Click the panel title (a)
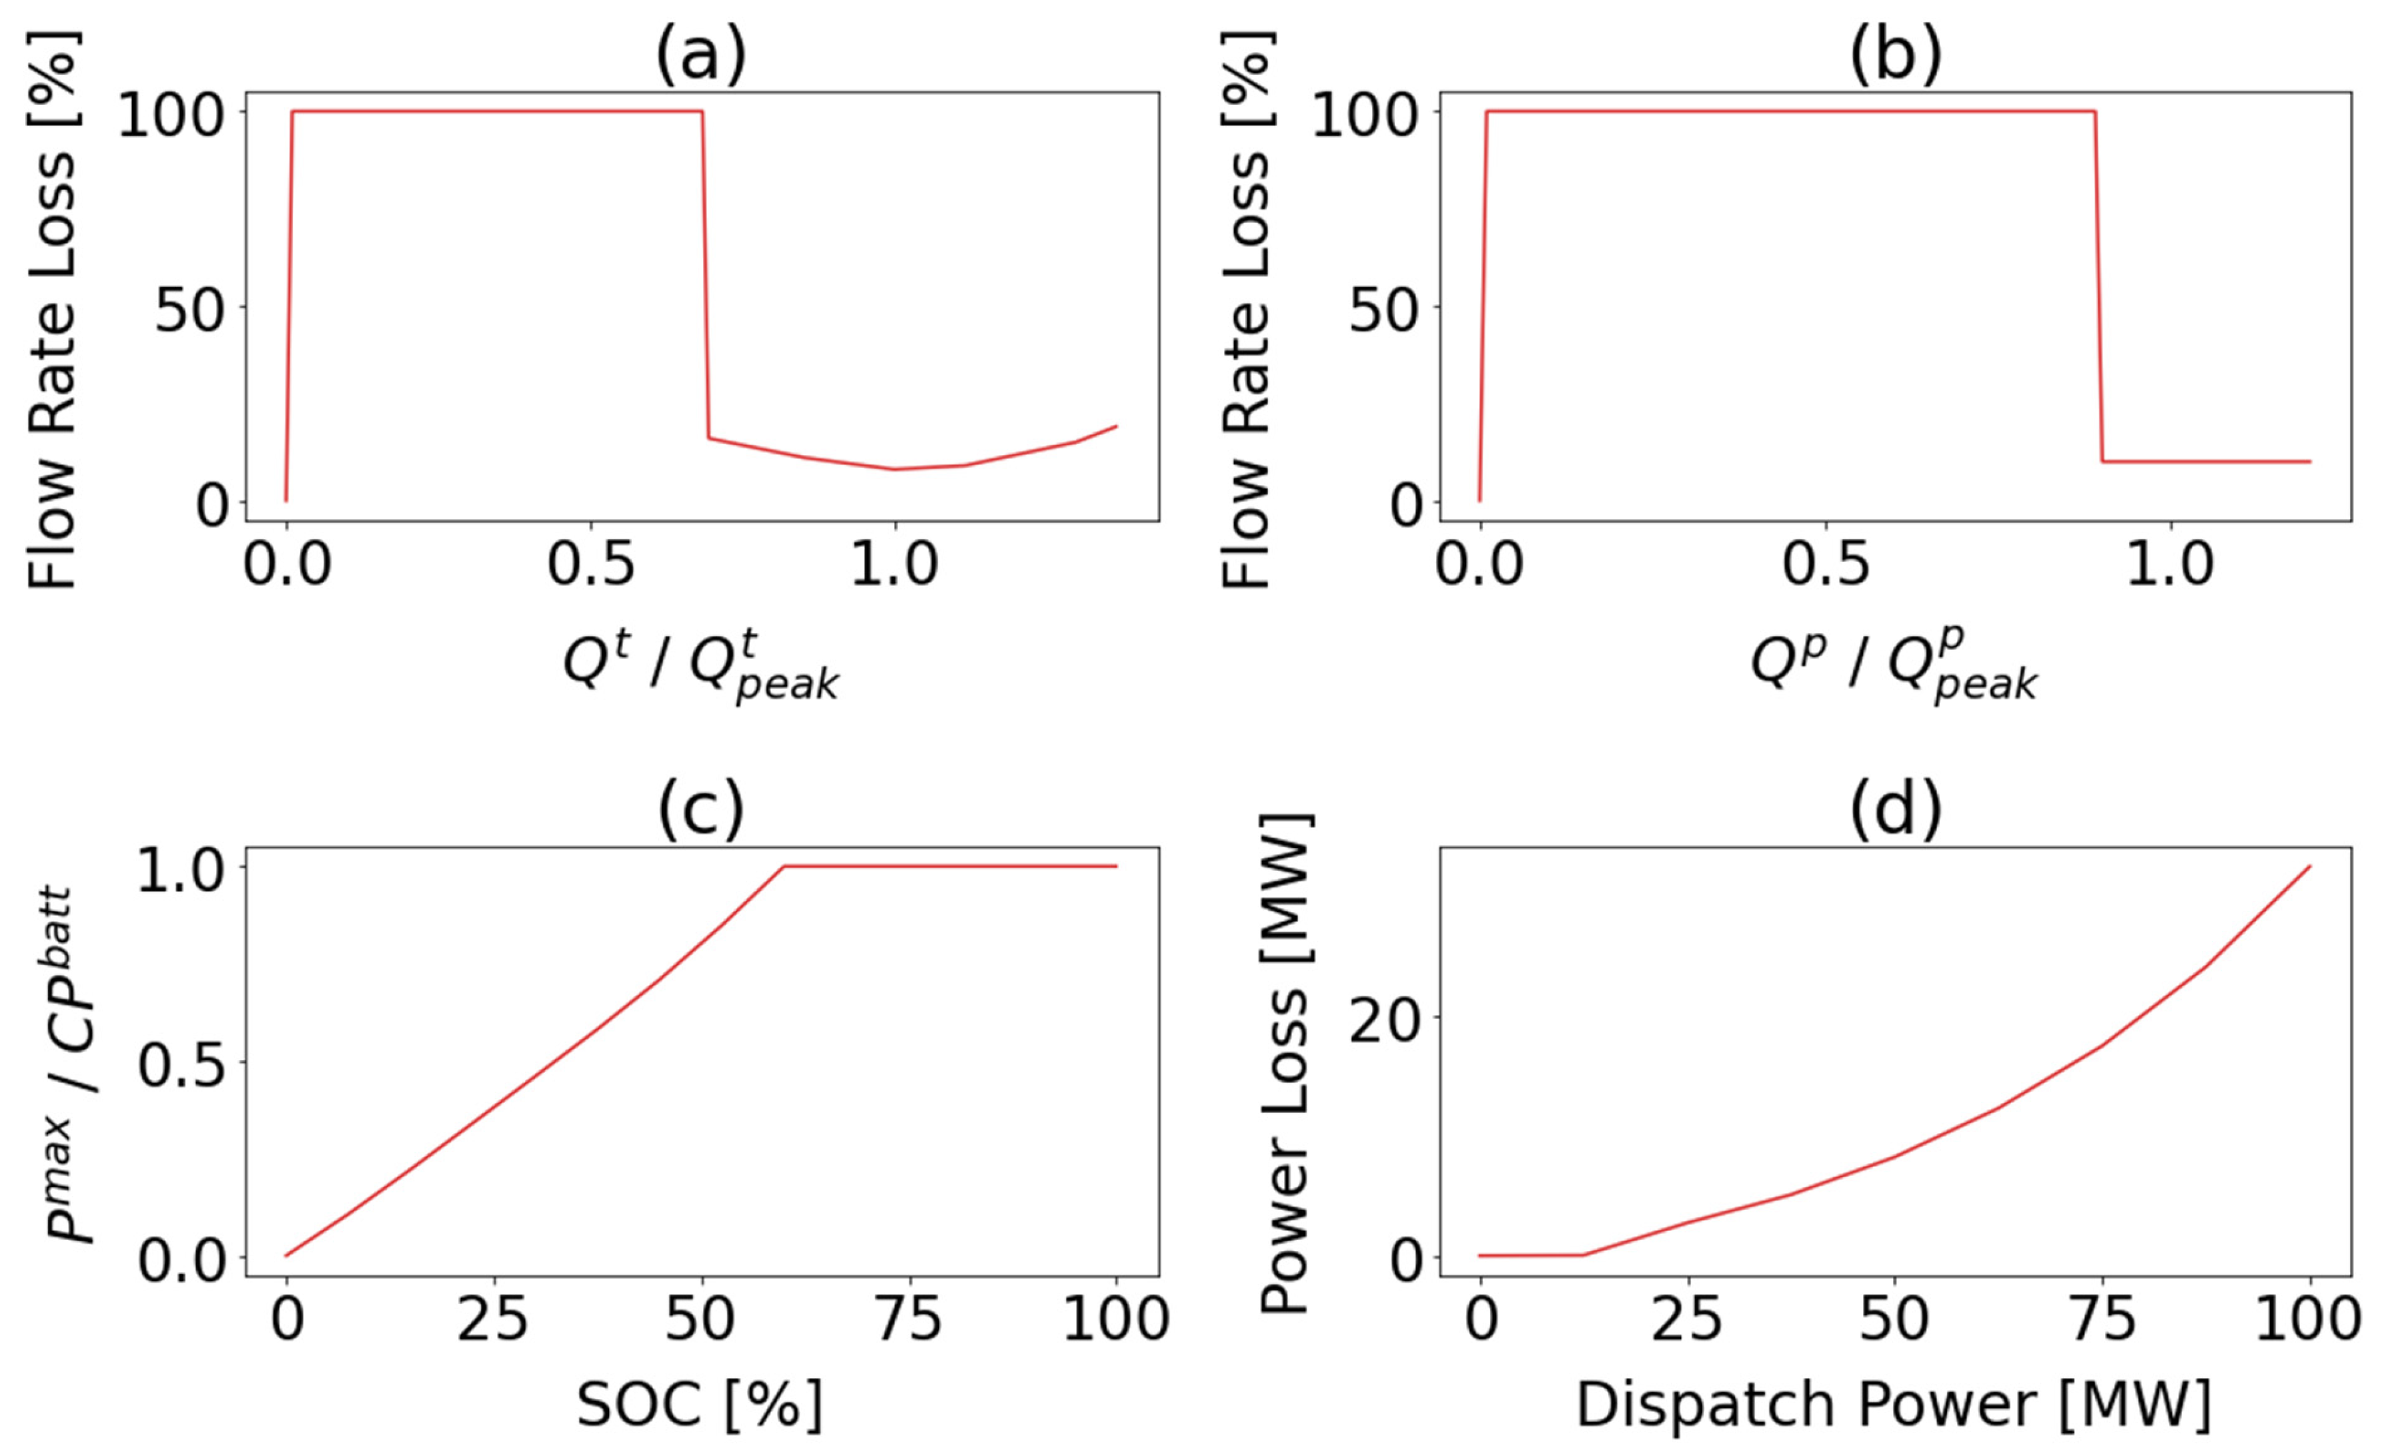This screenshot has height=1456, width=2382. point(701,55)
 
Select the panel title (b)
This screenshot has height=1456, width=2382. point(1895,55)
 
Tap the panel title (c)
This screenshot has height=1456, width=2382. point(701,810)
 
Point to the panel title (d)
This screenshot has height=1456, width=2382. point(1895,810)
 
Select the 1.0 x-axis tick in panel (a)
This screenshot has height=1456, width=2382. point(895,564)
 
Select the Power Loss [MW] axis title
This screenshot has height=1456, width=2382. point(1286,1064)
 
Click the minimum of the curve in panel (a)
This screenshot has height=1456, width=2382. point(895,469)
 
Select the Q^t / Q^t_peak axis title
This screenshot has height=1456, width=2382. point(701,667)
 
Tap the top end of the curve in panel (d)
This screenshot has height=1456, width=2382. point(2309,866)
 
